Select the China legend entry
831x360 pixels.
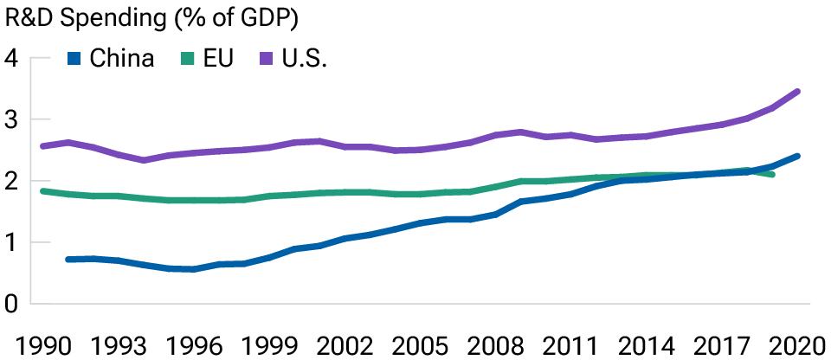coord(112,59)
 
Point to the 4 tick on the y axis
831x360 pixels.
coord(11,59)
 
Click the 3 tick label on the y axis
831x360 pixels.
coord(11,120)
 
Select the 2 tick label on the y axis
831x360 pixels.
coord(11,182)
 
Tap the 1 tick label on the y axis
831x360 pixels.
coord(11,243)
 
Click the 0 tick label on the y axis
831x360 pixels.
coord(11,305)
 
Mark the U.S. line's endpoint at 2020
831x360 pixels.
coord(797,91)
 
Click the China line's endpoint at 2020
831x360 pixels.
coord(797,156)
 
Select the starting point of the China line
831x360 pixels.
coord(68,259)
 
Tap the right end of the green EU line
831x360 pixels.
coord(772,175)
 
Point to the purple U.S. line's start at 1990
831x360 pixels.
coord(42,146)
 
